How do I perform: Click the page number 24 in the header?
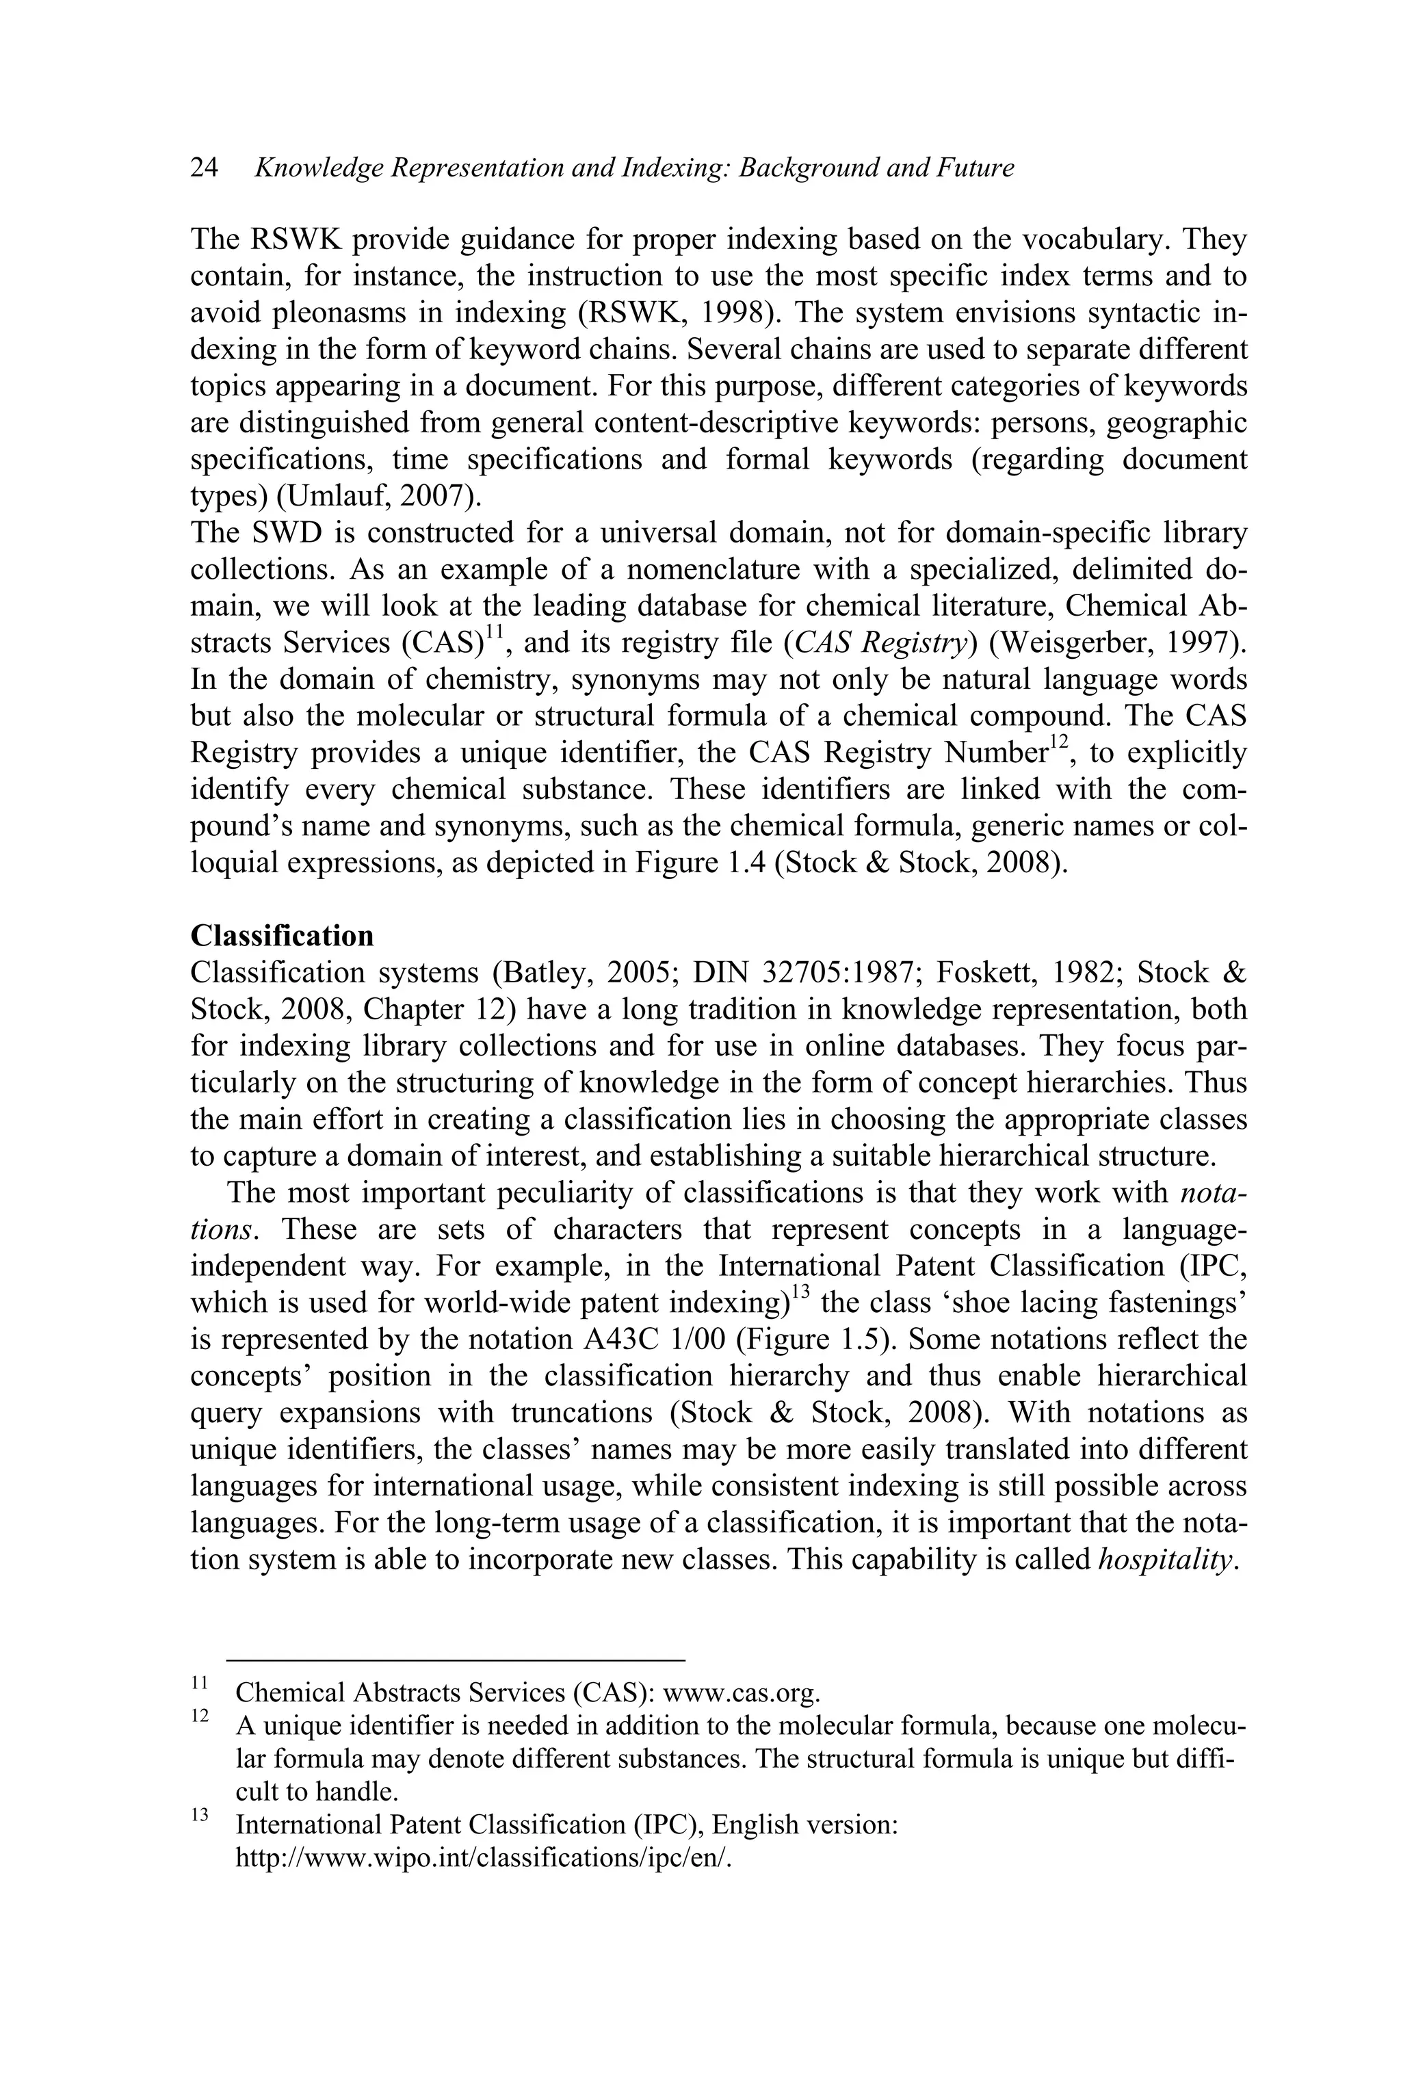pyautogui.click(x=204, y=168)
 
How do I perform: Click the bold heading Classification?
pyautogui.click(x=283, y=935)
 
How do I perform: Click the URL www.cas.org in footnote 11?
pyautogui.click(x=742, y=1692)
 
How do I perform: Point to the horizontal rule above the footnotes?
pyautogui.click(x=456, y=1659)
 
